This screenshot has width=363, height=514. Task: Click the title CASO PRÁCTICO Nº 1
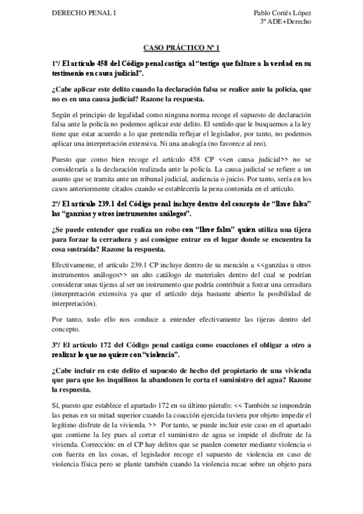(181, 46)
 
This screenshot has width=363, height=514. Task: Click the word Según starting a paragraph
(62, 114)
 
